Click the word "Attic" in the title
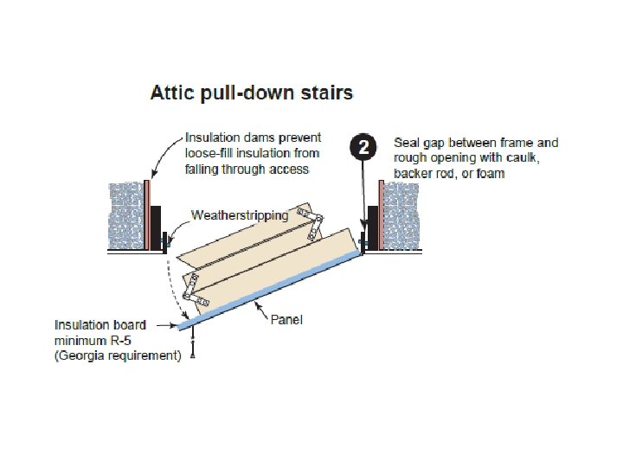click(x=172, y=92)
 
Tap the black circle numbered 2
click(x=363, y=146)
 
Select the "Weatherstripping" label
click(x=240, y=215)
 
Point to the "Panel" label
click(x=286, y=319)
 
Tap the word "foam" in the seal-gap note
click(x=489, y=173)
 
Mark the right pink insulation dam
click(x=379, y=212)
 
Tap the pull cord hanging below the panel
click(x=191, y=346)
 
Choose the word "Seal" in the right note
click(x=406, y=144)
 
